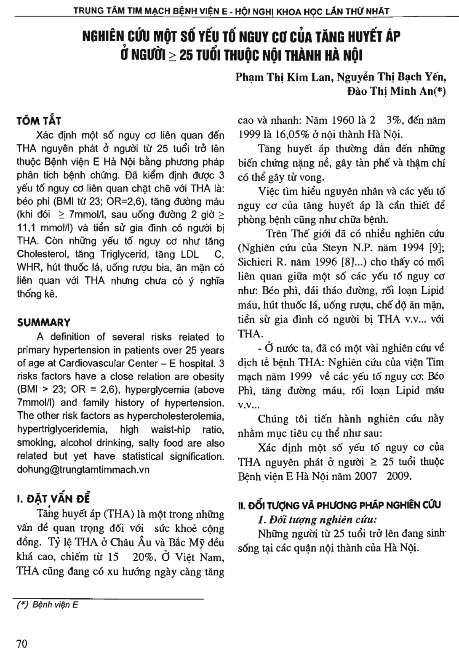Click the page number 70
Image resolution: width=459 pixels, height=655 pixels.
click(22, 644)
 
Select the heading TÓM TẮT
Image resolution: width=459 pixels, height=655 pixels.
click(39, 121)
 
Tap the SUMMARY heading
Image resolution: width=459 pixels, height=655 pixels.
click(43, 323)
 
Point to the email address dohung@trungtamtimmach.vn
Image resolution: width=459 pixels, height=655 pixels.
click(83, 470)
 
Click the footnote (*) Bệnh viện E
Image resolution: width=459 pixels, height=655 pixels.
click(47, 605)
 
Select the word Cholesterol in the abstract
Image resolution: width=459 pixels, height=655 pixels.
click(43, 254)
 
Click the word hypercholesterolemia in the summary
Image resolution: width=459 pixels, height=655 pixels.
click(182, 416)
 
